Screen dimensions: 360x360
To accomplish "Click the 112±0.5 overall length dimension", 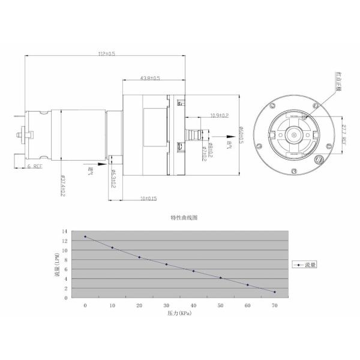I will point(107,53).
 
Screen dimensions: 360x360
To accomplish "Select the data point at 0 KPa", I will point(85,236).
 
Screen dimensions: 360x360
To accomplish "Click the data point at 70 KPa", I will point(274,292).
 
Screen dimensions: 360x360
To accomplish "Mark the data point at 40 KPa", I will point(193,271).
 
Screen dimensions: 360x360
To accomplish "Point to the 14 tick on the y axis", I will point(65,231).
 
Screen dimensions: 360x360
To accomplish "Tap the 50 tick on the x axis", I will point(220,305).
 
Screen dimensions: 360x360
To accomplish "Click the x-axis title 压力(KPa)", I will point(180,313).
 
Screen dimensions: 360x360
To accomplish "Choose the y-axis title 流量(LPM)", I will point(56,263).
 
